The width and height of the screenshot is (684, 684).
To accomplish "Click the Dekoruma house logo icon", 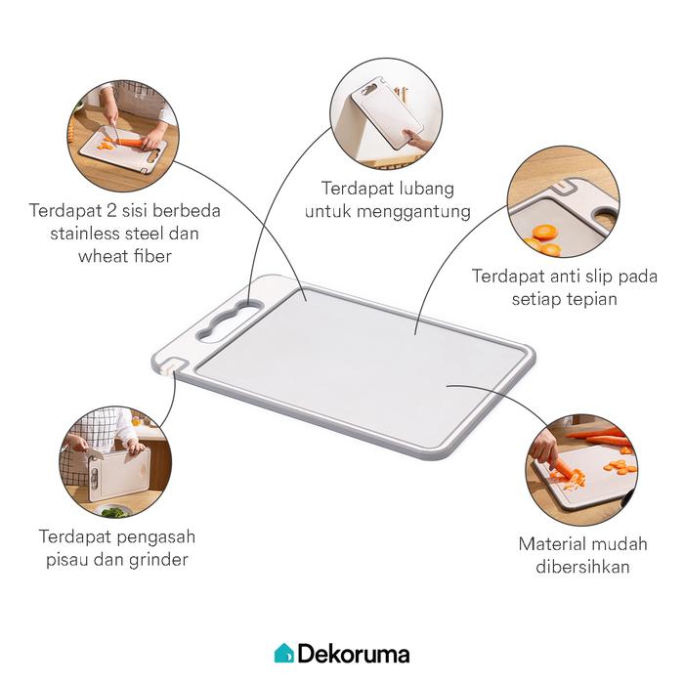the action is pyautogui.click(x=283, y=653).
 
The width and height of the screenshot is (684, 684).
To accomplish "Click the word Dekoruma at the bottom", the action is pyautogui.click(x=354, y=655).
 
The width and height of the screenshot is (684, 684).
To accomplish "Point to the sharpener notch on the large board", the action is pyautogui.click(x=173, y=365).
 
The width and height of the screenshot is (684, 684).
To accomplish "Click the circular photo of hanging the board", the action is pyautogui.click(x=386, y=113).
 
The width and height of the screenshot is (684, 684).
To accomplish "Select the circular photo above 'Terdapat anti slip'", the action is pyautogui.click(x=563, y=201).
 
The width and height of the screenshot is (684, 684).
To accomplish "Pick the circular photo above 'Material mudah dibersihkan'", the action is pyautogui.click(x=581, y=469).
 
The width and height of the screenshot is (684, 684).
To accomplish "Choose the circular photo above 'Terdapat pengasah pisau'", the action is pyautogui.click(x=115, y=462).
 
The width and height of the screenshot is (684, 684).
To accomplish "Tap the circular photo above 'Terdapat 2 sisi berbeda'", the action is pyautogui.click(x=123, y=136).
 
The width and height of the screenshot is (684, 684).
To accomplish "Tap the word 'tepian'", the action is pyautogui.click(x=591, y=300).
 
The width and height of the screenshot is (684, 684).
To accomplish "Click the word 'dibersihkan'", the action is pyautogui.click(x=582, y=567).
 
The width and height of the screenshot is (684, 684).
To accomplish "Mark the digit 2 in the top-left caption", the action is pyautogui.click(x=111, y=211).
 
